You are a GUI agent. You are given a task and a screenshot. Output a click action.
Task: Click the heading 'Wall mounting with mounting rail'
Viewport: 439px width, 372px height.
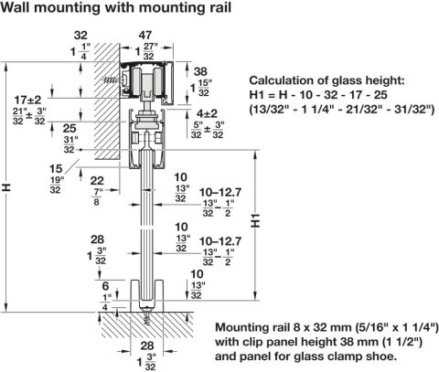(x=115, y=7)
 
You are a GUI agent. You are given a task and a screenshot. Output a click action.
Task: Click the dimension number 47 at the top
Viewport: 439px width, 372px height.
(x=145, y=35)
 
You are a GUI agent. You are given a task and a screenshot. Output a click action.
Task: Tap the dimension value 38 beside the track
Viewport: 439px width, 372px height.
(x=200, y=72)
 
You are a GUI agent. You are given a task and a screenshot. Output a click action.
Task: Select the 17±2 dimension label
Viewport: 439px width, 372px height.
(x=27, y=100)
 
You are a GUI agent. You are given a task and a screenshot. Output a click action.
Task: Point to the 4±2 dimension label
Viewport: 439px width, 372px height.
(x=207, y=113)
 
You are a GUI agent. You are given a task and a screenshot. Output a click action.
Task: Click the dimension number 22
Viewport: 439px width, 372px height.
(x=97, y=181)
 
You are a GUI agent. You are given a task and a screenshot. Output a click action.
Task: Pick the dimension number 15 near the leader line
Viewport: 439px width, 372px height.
(x=56, y=169)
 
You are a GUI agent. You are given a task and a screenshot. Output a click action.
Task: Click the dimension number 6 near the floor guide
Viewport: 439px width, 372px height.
(x=105, y=286)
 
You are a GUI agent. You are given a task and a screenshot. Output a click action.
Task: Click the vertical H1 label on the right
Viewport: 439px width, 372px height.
(x=255, y=220)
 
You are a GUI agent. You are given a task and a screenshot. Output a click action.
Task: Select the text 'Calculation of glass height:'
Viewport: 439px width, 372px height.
(x=327, y=80)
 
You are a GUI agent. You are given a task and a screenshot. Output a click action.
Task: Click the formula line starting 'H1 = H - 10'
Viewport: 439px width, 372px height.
(x=318, y=95)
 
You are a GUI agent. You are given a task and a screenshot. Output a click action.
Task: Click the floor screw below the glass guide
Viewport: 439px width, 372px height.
(x=147, y=316)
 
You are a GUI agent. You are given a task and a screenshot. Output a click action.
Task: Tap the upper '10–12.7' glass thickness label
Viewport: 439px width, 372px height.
(x=220, y=193)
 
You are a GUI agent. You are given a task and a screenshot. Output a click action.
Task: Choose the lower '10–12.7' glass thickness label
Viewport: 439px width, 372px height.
(x=220, y=241)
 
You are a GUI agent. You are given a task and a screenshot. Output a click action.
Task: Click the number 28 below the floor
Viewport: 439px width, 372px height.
(x=147, y=345)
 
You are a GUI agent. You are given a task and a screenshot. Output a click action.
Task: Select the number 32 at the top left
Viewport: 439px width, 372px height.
(x=80, y=36)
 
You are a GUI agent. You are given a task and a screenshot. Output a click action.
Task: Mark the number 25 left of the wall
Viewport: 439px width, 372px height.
(x=70, y=128)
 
